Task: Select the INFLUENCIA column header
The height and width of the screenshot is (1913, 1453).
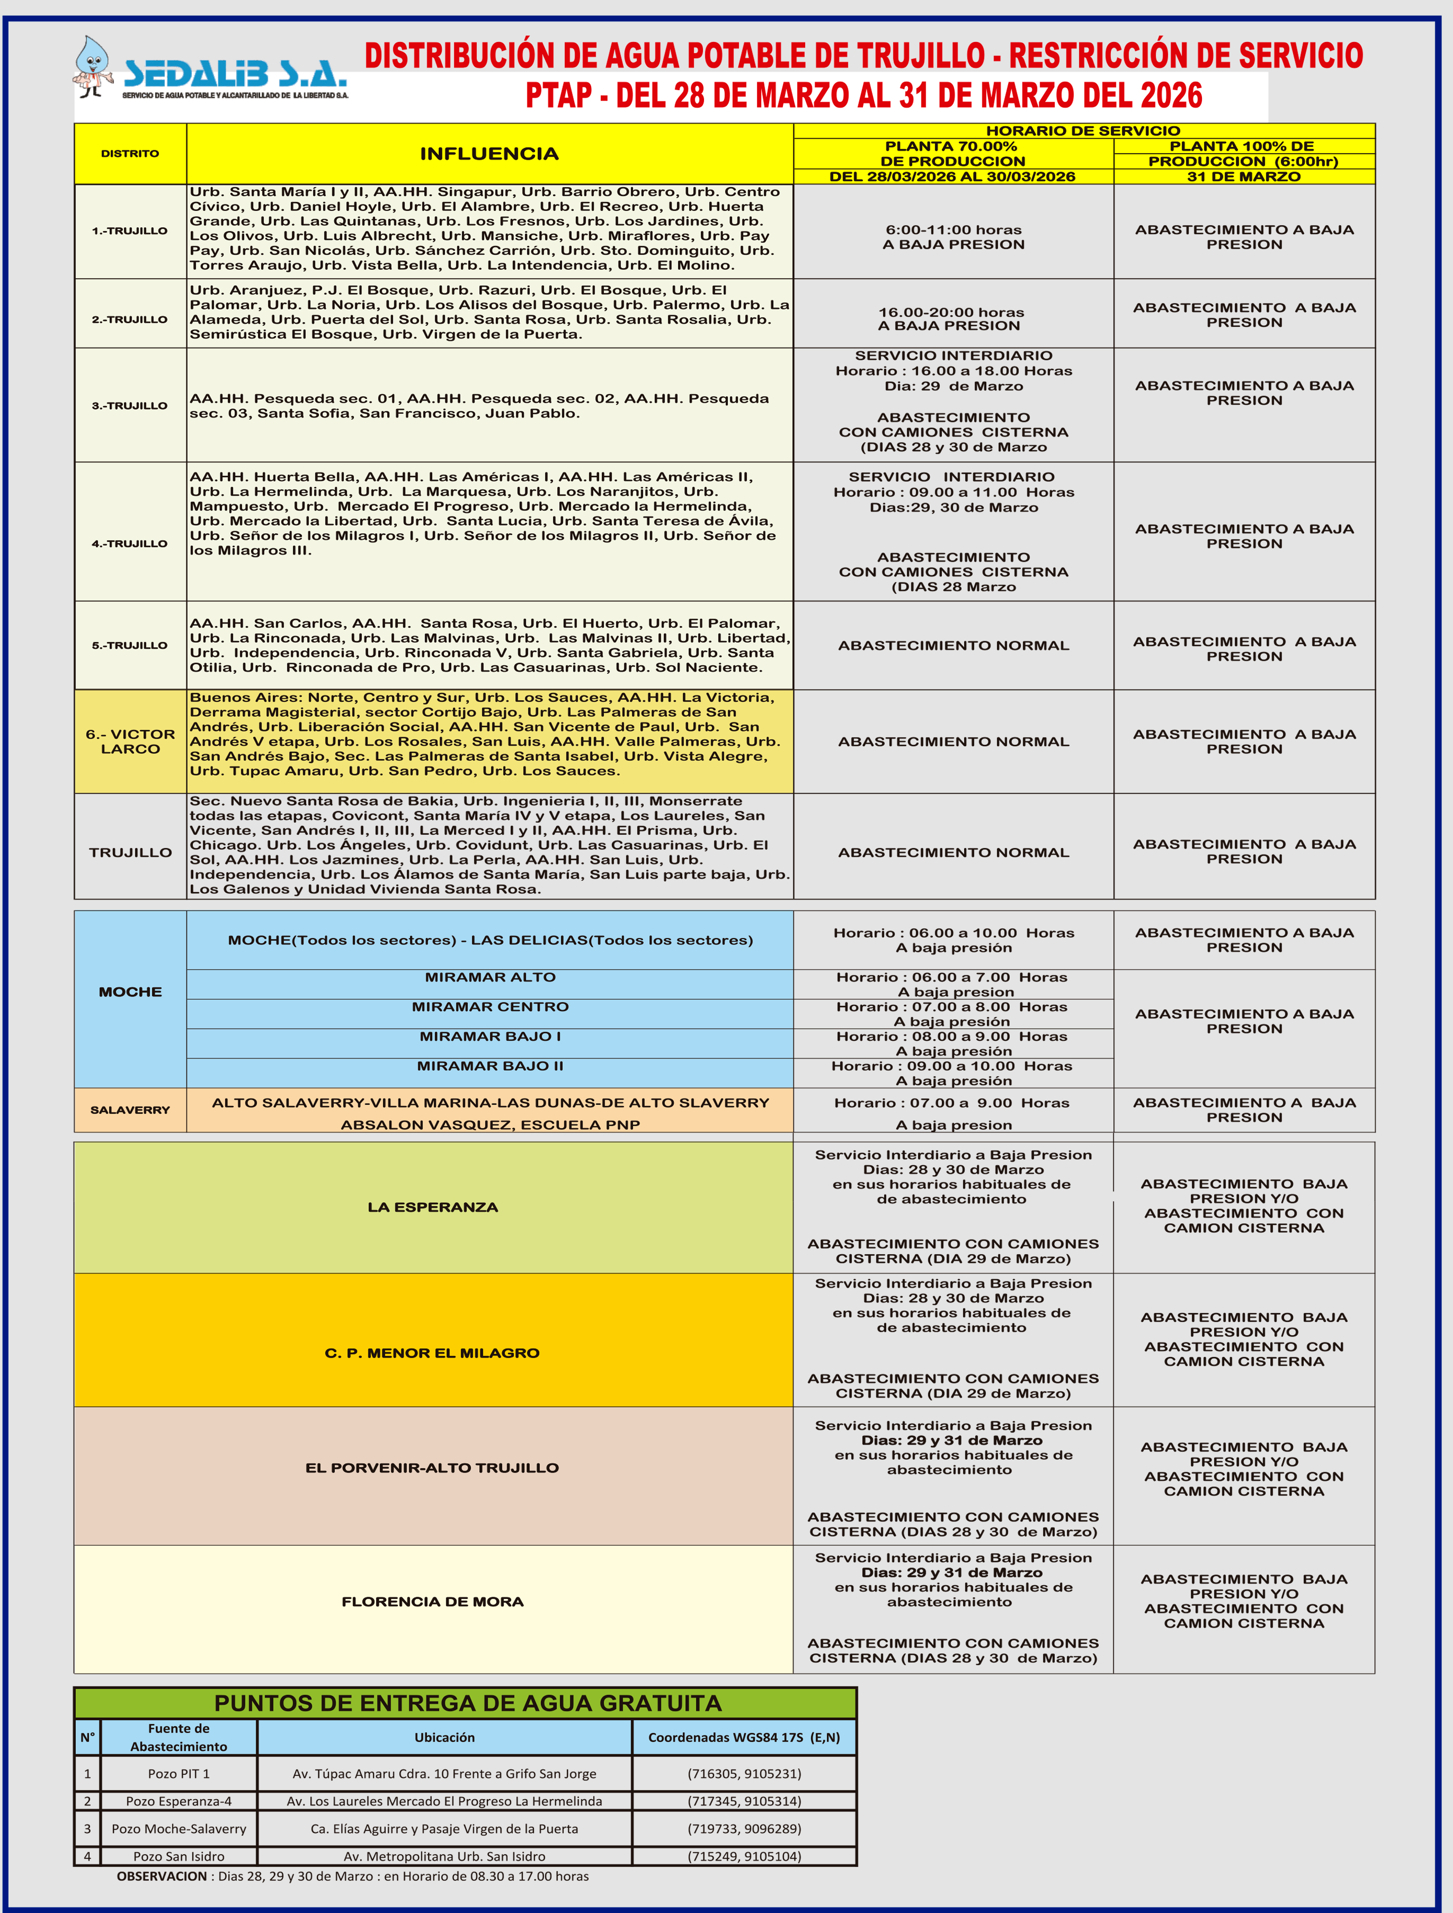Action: pos(489,154)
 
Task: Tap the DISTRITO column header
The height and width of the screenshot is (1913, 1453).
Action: pos(130,154)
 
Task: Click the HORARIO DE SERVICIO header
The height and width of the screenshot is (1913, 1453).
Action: pos(1083,131)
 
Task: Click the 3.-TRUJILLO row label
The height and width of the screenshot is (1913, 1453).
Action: pos(130,406)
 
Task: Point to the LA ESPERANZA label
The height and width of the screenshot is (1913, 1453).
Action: pos(432,1207)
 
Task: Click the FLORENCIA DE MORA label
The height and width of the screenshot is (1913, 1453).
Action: pos(432,1602)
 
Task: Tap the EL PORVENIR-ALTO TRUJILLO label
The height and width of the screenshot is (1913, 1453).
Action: pos(432,1468)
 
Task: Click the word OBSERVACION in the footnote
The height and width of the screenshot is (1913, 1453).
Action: pos(162,1876)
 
